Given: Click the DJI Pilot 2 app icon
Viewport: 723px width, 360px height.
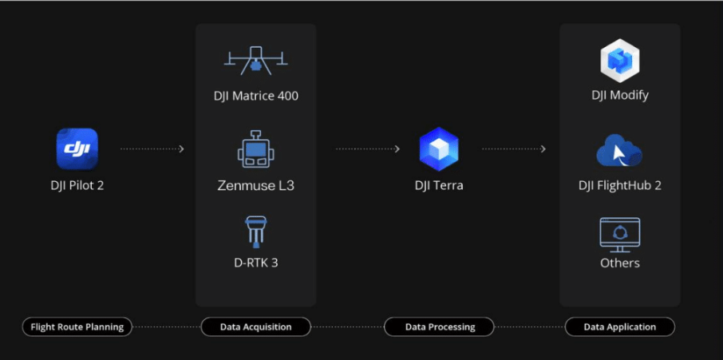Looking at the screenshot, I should [x=77, y=148].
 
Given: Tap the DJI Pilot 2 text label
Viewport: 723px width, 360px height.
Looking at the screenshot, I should [x=77, y=186].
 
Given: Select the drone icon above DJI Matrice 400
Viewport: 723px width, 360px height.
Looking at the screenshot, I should [x=255, y=60].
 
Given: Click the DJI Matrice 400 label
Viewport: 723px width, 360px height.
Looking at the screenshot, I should [x=255, y=97].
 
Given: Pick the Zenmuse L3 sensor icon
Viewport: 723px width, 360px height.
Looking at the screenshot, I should [x=255, y=149].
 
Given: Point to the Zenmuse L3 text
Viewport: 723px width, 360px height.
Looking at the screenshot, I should [x=255, y=186].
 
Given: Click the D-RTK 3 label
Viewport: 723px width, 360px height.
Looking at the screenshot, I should [x=255, y=262].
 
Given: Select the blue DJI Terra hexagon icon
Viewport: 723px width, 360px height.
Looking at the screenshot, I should [x=439, y=148].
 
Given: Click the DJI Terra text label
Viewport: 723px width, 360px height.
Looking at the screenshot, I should [x=439, y=186].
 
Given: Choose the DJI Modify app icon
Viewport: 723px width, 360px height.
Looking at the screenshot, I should [x=620, y=61].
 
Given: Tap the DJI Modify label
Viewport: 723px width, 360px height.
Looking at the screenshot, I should [x=620, y=95].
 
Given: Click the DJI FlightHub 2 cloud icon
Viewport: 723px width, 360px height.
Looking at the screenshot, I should [x=619, y=150].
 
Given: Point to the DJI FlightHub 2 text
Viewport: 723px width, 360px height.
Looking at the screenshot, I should [x=620, y=186].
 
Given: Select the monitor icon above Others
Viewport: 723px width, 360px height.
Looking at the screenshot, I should [x=620, y=234].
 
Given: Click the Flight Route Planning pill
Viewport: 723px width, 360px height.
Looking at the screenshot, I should [x=77, y=326].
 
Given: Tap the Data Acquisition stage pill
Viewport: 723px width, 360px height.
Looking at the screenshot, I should [x=255, y=326].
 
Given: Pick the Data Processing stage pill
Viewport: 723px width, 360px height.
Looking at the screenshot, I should [x=439, y=326].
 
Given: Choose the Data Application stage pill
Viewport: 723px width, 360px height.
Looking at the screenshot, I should [x=620, y=326].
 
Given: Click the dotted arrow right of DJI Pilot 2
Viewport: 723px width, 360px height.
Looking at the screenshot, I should [x=152, y=148].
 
